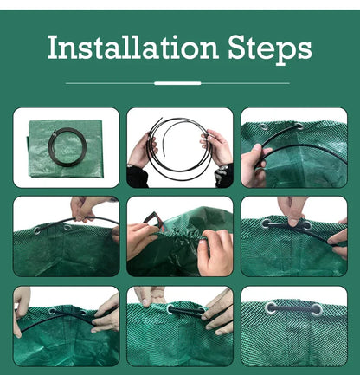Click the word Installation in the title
point(132,47)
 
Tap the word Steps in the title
point(270,49)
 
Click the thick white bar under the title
point(177,83)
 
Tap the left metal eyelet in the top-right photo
point(264,126)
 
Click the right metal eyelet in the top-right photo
point(299,126)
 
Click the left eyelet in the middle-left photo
point(37,230)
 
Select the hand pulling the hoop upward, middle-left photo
point(84,207)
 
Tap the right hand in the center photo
point(215,253)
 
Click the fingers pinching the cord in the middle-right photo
point(292,210)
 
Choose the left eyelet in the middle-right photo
point(266,223)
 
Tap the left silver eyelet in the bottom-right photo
point(271,308)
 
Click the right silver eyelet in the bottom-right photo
point(317,309)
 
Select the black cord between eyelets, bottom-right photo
point(293,308)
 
